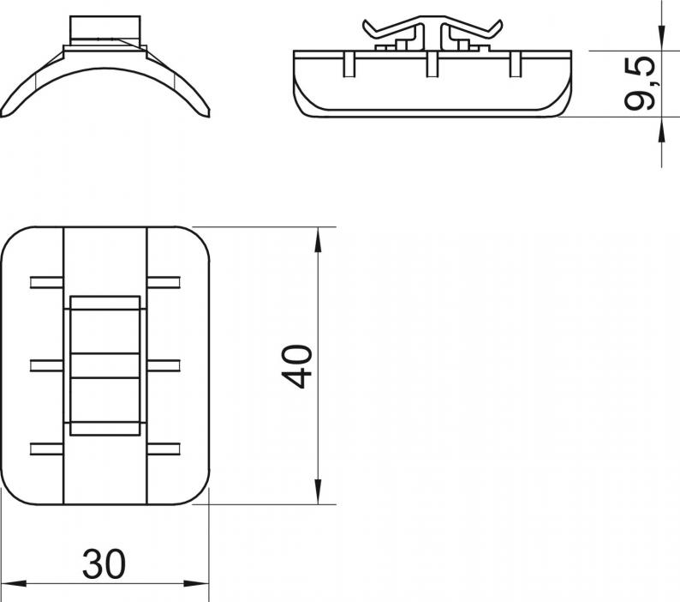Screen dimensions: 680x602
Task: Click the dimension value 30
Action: point(104,564)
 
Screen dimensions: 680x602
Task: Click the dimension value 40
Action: point(297,366)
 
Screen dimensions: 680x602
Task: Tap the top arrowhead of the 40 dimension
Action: point(318,240)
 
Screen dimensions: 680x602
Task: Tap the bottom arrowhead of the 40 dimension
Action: point(318,491)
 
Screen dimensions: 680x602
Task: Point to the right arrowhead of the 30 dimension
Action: point(196,584)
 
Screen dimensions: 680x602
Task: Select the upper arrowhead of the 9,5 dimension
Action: point(661,39)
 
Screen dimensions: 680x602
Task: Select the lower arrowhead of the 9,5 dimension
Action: point(661,129)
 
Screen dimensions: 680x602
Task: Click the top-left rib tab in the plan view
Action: point(47,282)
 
